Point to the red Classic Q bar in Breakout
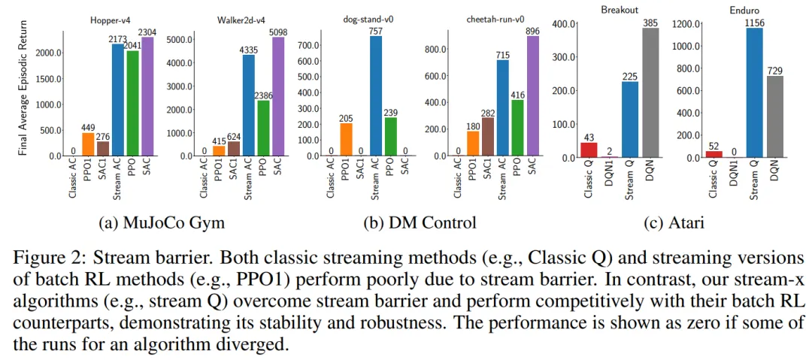coord(589,150)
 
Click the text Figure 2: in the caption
coord(46,258)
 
